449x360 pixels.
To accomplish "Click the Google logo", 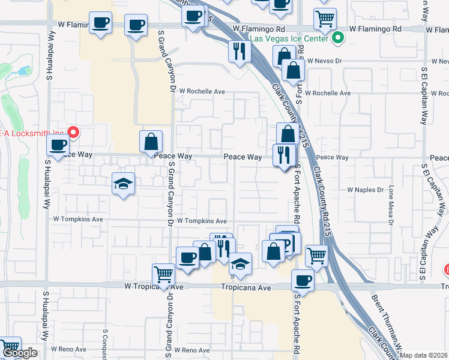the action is click(20, 353).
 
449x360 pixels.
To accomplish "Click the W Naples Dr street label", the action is click(365, 190).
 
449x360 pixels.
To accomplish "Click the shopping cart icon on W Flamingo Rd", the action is click(325, 19).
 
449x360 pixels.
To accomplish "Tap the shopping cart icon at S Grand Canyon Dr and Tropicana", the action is click(164, 275).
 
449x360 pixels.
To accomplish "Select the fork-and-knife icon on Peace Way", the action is click(283, 155).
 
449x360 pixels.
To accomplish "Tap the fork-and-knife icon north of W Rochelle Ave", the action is click(240, 52).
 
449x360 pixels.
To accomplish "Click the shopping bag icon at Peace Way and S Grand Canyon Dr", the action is click(151, 142).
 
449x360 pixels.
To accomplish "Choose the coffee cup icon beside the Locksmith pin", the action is click(58, 146).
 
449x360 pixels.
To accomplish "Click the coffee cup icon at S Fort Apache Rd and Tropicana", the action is click(303, 280).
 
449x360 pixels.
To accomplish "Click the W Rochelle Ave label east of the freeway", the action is click(328, 94).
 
